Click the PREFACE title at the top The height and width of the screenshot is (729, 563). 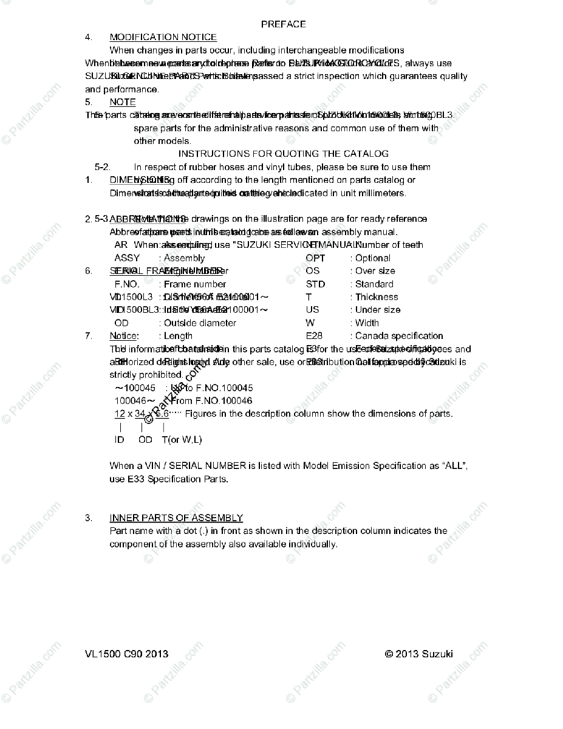click(x=283, y=24)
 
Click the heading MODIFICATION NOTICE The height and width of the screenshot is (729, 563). click(x=163, y=37)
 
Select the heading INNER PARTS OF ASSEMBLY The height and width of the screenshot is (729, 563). click(x=176, y=518)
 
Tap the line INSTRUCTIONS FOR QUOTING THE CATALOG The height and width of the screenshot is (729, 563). click(x=283, y=154)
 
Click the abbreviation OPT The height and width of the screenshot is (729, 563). click(x=315, y=258)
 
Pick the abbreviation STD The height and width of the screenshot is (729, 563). click(x=315, y=284)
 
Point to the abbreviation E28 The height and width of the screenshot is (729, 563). click(x=315, y=336)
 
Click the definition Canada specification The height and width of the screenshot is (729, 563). click(x=399, y=336)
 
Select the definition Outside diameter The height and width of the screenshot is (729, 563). click(x=200, y=323)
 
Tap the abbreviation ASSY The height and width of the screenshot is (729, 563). click(x=127, y=258)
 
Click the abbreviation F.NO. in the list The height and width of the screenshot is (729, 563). click(x=127, y=284)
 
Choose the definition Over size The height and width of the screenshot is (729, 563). click(x=375, y=271)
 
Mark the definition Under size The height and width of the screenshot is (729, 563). click(x=378, y=310)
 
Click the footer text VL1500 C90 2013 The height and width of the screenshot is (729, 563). click(x=127, y=654)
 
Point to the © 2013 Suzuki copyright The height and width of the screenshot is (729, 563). click(x=418, y=654)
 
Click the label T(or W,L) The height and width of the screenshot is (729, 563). click(x=182, y=440)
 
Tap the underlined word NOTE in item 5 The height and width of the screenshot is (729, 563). click(x=123, y=102)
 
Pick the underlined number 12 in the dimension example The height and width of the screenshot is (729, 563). click(x=120, y=414)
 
